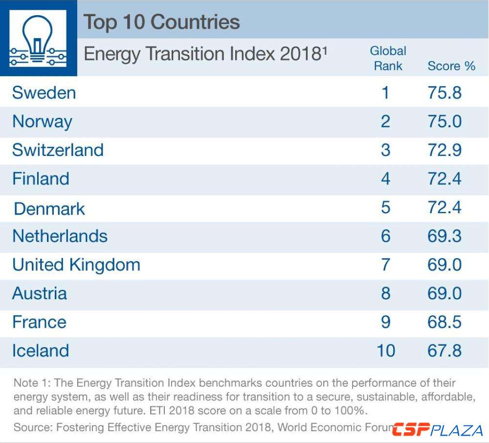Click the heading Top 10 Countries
tap(162, 22)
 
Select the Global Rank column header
tap(388, 58)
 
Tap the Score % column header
tap(451, 66)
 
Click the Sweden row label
tap(44, 92)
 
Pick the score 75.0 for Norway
tap(444, 121)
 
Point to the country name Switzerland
tap(58, 150)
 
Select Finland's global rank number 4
tap(386, 178)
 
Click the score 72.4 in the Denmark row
tap(444, 208)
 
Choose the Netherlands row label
tap(60, 236)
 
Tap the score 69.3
tap(444, 236)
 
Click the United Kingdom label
tap(76, 265)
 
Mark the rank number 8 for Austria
tap(386, 293)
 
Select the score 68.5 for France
tap(444, 322)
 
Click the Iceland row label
tap(41, 351)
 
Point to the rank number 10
tap(386, 351)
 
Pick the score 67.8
tap(444, 351)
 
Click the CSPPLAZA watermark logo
tap(438, 430)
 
